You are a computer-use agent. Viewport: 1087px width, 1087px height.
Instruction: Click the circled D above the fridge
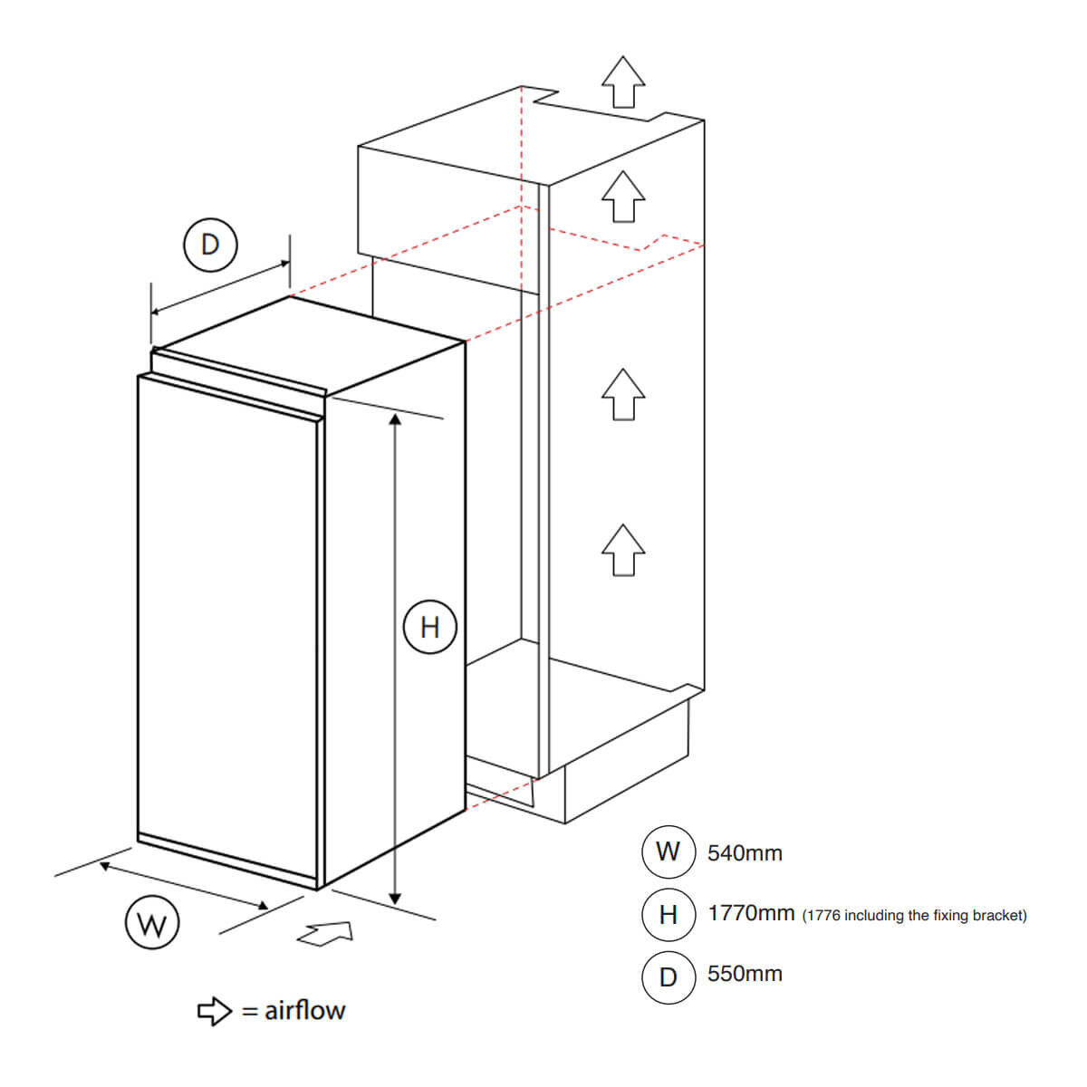pos(210,245)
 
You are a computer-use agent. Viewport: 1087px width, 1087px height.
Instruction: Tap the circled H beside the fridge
pos(430,627)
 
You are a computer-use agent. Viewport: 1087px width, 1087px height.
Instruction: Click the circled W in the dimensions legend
pos(668,851)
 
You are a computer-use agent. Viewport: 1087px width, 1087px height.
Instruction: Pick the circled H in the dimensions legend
pos(668,915)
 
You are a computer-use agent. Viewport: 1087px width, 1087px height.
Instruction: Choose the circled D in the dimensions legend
pos(668,977)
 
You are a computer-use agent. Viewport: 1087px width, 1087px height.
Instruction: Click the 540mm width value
pos(745,853)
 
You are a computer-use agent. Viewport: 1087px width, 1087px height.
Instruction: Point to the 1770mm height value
pos(751,913)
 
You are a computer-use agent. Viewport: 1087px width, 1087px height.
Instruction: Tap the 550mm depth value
pos(745,974)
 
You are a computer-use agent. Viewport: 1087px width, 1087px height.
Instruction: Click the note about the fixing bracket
pos(914,916)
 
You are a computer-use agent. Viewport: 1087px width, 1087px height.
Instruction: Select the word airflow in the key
pos(304,1011)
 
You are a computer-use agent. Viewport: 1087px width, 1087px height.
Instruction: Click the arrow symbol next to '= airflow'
pos(215,1012)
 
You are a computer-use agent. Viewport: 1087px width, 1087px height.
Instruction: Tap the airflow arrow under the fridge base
pos(326,934)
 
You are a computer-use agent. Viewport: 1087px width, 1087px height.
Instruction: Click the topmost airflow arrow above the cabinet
pos(622,82)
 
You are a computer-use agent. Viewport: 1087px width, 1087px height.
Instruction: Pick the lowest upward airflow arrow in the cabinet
pos(622,550)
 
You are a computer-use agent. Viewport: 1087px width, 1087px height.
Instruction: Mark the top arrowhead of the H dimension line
pos(395,419)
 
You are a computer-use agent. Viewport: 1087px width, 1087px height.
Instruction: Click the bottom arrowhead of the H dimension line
pos(395,899)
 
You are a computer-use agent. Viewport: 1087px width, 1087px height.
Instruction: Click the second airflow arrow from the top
pos(622,197)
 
